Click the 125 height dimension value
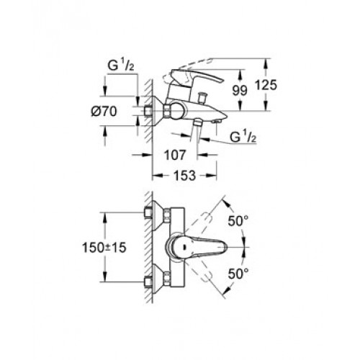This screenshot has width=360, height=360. pos(266,85)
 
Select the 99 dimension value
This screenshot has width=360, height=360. pos(240,91)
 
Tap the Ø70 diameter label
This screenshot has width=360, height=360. pos(104,112)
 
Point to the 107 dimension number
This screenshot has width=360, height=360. pos(175,155)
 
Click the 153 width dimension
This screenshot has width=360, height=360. pos(185,176)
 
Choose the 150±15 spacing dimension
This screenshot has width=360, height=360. pos(104,248)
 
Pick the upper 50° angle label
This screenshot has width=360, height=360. pos(238,221)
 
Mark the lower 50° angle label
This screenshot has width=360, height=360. pos(238,274)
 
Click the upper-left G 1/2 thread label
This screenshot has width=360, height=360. pos(121,66)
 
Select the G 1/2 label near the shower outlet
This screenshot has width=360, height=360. pos(243,137)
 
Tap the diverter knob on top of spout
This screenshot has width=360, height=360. pos(201,97)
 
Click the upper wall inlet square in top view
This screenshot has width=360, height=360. pos(148,212)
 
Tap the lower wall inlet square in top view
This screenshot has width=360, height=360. pos(148,282)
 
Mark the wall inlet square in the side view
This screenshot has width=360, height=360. pos(148,111)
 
